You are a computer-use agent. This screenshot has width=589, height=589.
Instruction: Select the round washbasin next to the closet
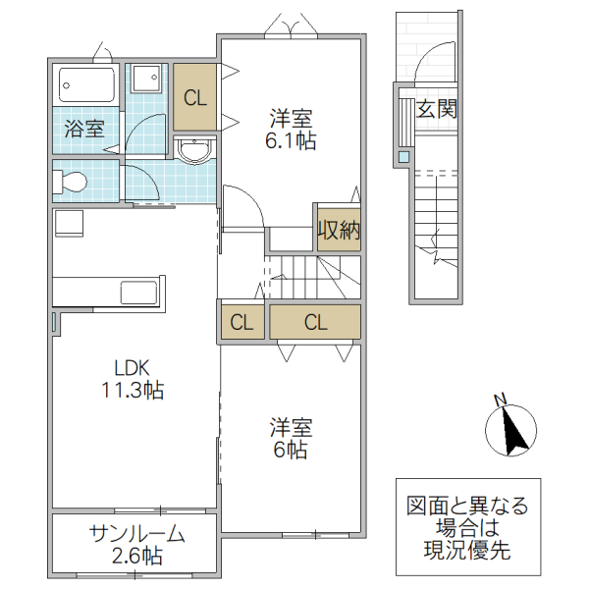[194, 149]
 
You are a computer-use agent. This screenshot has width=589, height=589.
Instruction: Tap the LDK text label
[132, 368]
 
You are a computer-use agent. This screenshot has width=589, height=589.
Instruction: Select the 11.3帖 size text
[132, 391]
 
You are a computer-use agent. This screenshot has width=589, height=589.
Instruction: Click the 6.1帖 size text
[291, 140]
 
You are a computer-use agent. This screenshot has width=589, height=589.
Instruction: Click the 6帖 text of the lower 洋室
[291, 451]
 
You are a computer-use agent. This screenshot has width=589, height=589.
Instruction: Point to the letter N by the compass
[500, 399]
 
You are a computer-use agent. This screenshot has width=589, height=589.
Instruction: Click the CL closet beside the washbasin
[194, 97]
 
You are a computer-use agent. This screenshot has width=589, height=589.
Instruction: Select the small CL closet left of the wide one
[241, 322]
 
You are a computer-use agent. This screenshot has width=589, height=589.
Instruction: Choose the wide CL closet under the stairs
[315, 322]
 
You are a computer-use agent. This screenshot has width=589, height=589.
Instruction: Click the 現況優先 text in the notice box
[467, 552]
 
